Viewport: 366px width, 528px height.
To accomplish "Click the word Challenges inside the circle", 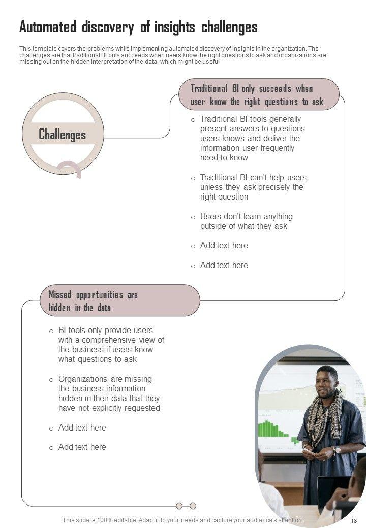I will [63, 135].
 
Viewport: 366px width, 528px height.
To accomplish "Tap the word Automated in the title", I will [48, 27].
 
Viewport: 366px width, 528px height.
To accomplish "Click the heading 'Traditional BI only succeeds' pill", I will [258, 95].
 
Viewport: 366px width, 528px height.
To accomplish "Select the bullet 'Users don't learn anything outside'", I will [246, 221].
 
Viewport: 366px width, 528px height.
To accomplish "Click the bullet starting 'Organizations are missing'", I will [109, 393].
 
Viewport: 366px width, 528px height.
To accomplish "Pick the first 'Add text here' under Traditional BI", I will [224, 246].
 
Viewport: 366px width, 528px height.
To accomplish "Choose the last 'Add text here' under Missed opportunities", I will [82, 447].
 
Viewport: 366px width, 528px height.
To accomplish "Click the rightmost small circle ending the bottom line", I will [193, 506].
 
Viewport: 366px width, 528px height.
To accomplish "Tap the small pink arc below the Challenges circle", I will [70, 167].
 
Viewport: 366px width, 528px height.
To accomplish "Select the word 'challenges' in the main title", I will [229, 27].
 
